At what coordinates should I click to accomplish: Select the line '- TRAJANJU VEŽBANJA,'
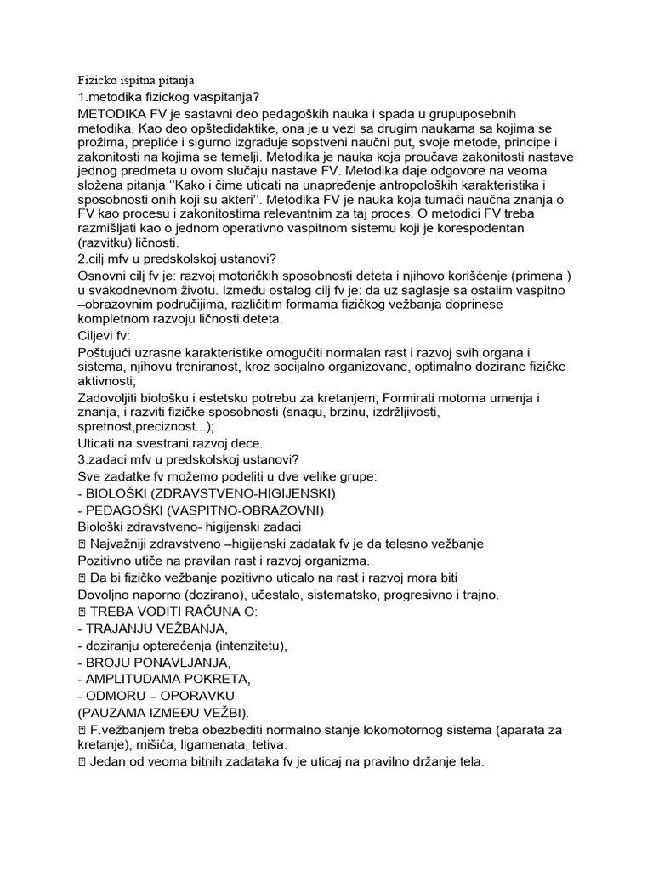[153, 629]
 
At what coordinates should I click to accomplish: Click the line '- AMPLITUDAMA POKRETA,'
[163, 679]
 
